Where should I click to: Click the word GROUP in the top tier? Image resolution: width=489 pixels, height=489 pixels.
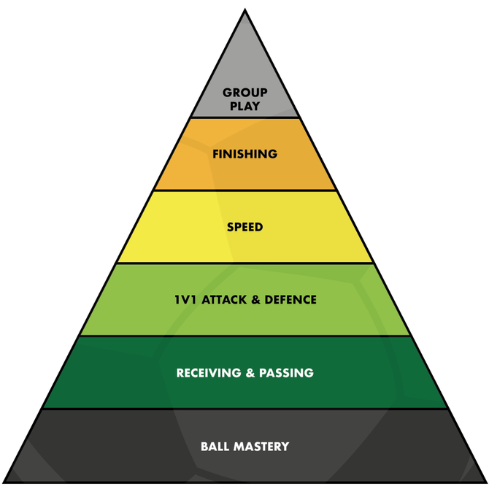tap(245, 93)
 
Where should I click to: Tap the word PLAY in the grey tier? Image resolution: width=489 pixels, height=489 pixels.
tap(245, 107)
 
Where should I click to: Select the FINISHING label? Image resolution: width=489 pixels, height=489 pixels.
tap(245, 154)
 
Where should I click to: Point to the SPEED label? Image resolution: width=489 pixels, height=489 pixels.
tap(245, 227)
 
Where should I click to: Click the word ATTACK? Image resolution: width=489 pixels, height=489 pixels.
tap(226, 300)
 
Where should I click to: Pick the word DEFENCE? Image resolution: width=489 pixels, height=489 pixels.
tap(290, 300)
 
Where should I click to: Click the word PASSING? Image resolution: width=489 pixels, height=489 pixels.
tap(285, 373)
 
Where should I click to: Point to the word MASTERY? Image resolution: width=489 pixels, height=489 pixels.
tap(261, 446)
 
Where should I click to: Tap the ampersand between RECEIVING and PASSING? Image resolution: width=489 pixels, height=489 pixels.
tap(249, 373)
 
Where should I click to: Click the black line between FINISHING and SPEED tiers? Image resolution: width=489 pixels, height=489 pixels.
tap(245, 190)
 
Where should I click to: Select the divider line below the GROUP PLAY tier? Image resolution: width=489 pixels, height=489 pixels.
tap(245, 118)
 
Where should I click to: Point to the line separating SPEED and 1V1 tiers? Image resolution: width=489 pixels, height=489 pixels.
tap(245, 263)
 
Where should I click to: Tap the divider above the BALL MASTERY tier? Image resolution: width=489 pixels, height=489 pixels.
tap(245, 409)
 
